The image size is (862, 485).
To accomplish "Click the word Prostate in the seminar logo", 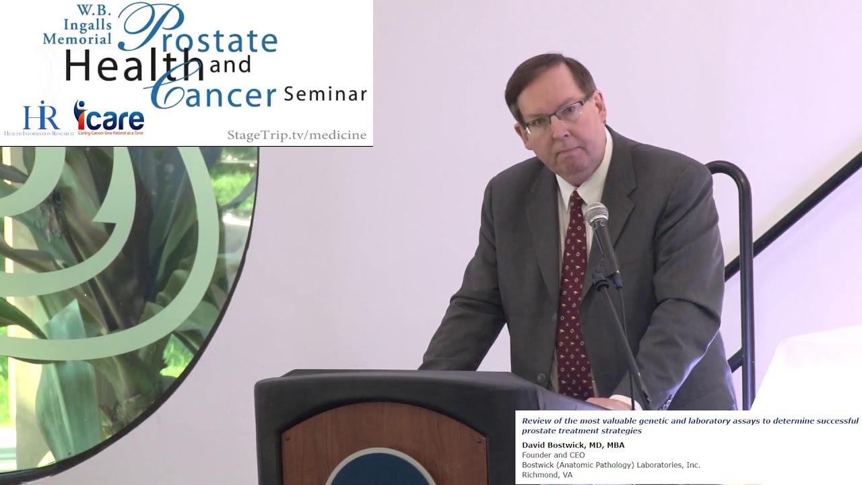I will (202, 34).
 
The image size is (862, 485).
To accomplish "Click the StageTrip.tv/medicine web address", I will (296, 135).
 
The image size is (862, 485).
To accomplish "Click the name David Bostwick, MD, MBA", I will (573, 445).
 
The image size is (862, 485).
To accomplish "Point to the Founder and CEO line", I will (553, 455).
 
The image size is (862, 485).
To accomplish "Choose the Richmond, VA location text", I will (547, 475).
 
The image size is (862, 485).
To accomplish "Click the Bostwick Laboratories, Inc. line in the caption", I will (611, 465).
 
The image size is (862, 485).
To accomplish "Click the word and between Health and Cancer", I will (230, 65).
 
